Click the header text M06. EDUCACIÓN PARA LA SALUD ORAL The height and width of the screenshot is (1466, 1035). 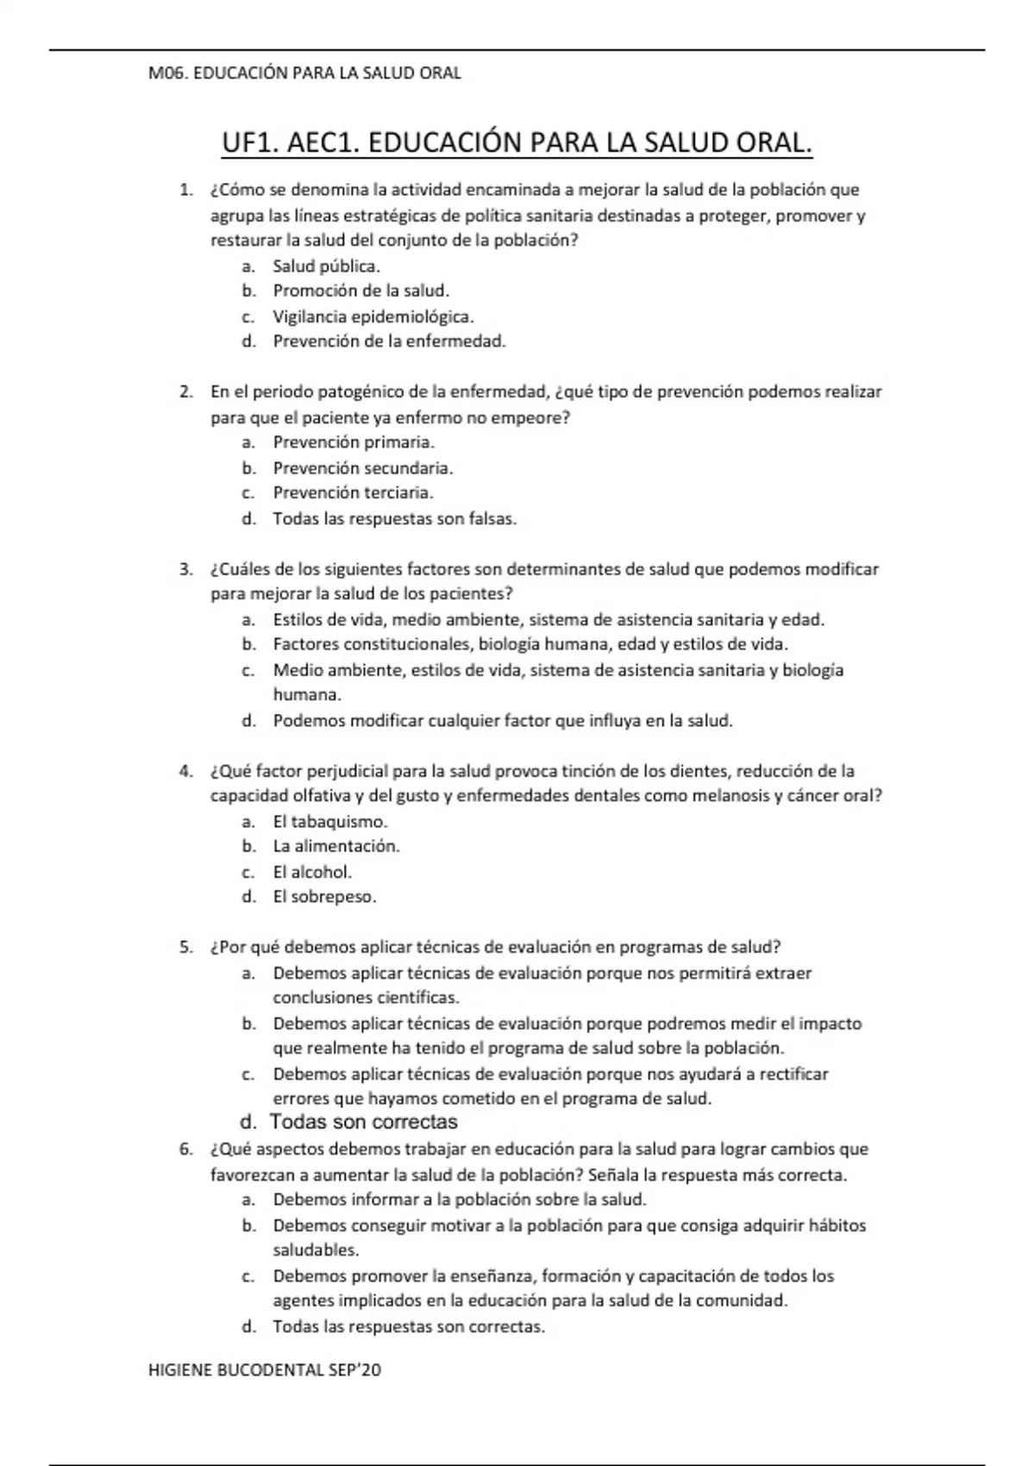click(304, 73)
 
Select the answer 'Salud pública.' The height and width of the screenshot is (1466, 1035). click(326, 266)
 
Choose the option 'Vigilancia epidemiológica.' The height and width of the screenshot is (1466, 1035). click(373, 316)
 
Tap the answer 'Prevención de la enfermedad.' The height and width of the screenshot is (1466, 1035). click(389, 341)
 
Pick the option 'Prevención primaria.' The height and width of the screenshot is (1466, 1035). click(354, 442)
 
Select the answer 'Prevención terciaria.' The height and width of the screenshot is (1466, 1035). click(353, 493)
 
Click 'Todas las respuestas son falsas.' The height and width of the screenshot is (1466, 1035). click(394, 519)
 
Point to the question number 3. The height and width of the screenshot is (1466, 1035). click(185, 569)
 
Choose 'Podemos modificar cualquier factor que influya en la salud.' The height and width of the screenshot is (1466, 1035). click(502, 721)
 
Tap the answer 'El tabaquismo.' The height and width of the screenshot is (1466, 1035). click(329, 822)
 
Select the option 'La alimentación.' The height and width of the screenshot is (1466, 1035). click(336, 847)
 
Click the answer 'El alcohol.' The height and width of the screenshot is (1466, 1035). click(312, 872)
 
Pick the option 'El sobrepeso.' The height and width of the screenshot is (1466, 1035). click(324, 897)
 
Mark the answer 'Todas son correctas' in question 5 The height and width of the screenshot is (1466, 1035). click(363, 1123)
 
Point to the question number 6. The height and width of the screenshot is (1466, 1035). click(185, 1150)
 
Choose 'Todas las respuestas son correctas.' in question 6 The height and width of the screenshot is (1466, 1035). click(409, 1327)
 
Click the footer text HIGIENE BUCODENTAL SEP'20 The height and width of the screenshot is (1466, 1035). click(264, 1370)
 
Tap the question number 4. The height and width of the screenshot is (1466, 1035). click(185, 771)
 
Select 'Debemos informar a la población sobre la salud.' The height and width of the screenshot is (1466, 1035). click(460, 1200)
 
